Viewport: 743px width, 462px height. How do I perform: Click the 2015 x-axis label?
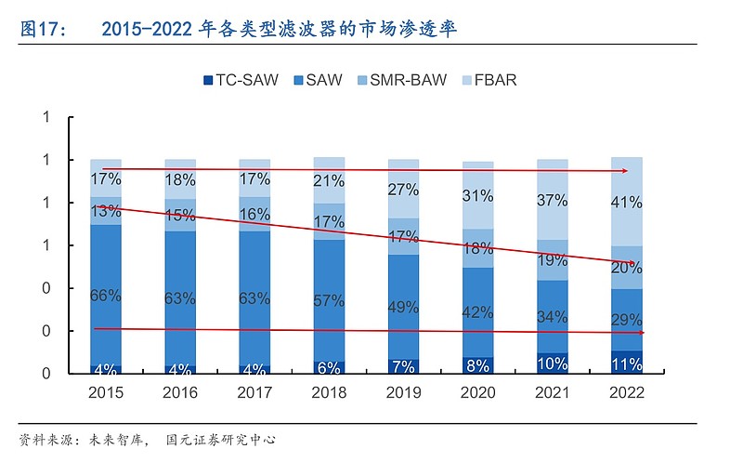(106, 392)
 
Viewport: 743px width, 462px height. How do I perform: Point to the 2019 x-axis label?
(403, 392)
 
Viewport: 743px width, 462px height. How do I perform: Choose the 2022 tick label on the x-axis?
(627, 392)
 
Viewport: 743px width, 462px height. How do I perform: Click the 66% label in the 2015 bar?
(106, 297)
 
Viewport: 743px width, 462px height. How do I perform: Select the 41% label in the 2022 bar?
(627, 200)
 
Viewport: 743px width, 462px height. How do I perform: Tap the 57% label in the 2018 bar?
(329, 299)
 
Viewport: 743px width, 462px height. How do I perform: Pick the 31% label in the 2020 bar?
(477, 196)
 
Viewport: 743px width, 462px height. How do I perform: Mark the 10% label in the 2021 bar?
(553, 363)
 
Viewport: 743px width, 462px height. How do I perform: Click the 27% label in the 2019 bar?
(403, 191)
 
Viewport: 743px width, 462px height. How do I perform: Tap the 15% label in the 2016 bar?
(180, 215)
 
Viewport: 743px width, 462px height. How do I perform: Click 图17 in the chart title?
(42, 30)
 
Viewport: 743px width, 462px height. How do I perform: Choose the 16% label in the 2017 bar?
(254, 215)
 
